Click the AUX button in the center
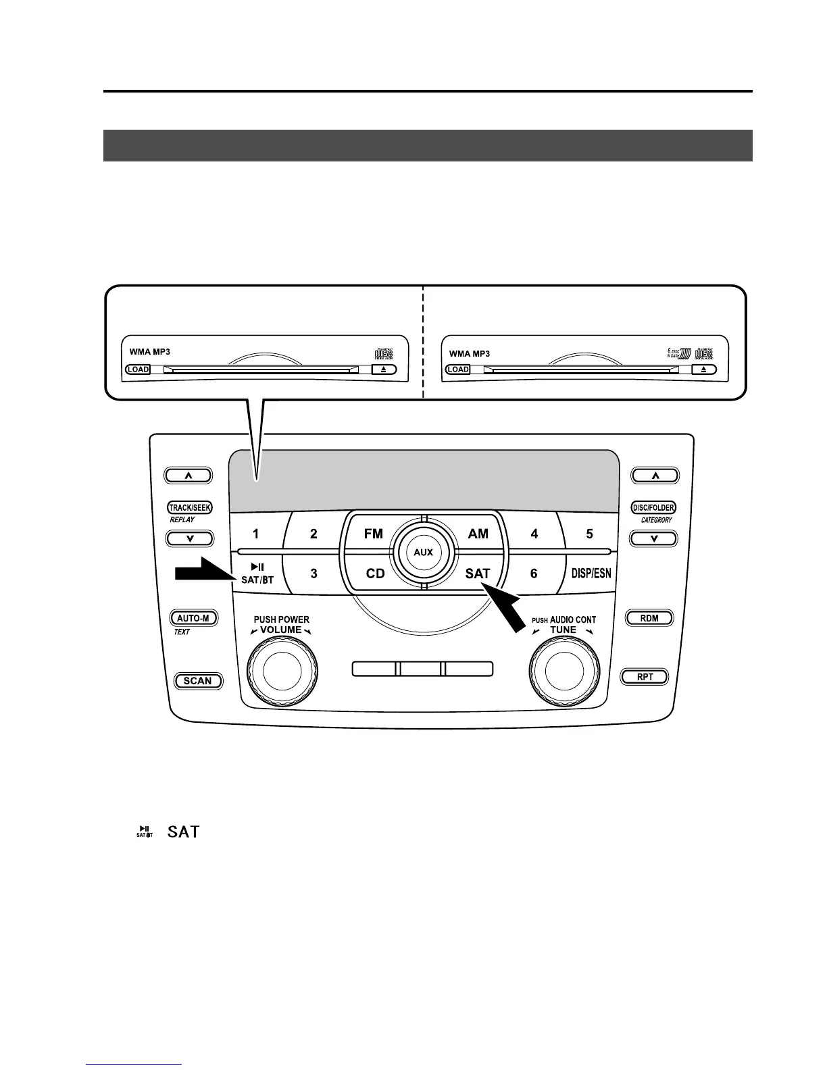click(x=423, y=552)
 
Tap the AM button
click(x=478, y=534)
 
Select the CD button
click(x=375, y=574)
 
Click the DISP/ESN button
click(x=591, y=574)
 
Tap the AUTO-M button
click(x=193, y=618)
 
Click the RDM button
click(x=649, y=618)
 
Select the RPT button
click(x=645, y=677)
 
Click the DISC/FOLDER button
click(x=653, y=507)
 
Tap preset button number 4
click(x=534, y=534)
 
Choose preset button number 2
click(x=314, y=534)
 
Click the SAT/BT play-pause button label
click(x=257, y=574)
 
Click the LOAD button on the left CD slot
click(x=138, y=370)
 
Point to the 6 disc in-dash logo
click(x=678, y=353)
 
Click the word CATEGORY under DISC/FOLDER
click(x=656, y=520)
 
